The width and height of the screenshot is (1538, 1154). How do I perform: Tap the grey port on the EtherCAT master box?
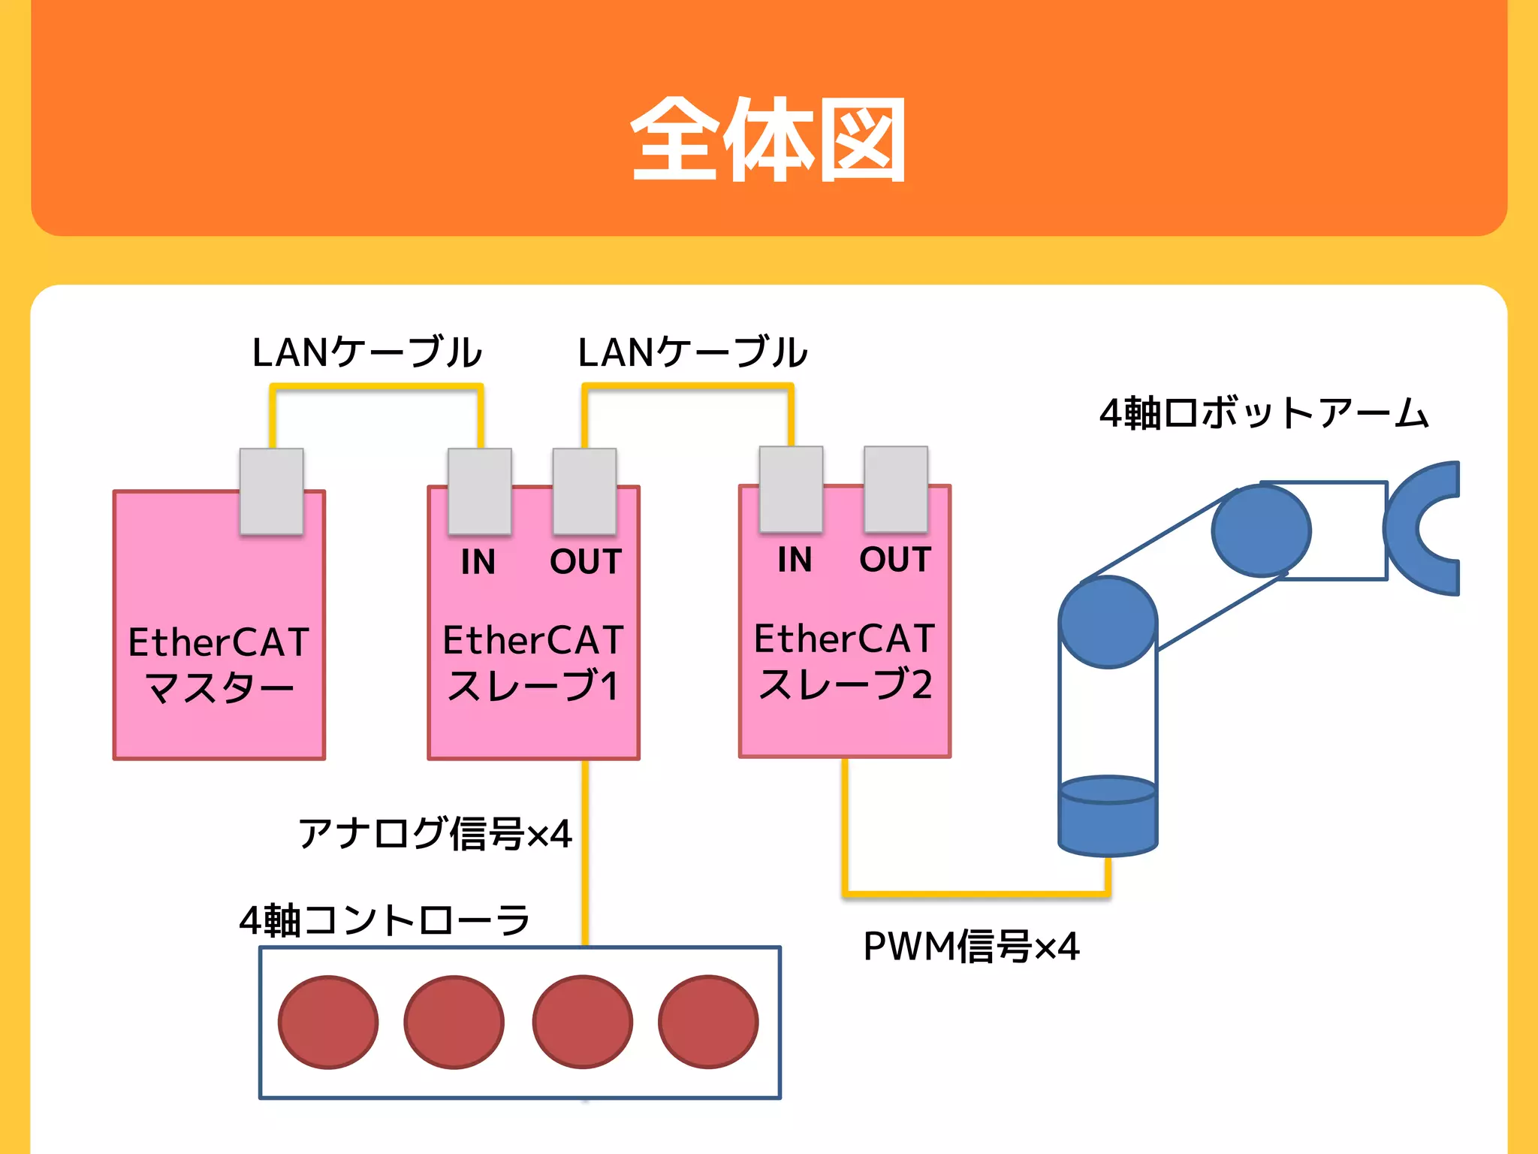(271, 491)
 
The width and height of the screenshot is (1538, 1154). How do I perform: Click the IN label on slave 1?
(478, 561)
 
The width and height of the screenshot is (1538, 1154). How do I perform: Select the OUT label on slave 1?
(586, 561)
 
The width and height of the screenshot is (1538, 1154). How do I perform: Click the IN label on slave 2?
(795, 559)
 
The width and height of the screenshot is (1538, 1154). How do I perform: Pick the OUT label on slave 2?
(895, 559)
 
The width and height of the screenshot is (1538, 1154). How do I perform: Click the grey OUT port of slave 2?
(895, 488)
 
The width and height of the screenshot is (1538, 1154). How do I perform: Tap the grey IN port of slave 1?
(479, 491)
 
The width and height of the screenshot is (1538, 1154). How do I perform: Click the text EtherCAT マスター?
(219, 665)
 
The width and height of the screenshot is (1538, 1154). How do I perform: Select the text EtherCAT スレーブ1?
(533, 663)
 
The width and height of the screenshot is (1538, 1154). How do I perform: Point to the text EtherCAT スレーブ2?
(844, 661)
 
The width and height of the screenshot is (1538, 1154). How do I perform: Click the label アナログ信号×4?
(435, 833)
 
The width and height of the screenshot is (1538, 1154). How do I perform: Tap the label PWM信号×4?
(971, 946)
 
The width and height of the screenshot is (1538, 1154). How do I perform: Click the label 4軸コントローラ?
(384, 920)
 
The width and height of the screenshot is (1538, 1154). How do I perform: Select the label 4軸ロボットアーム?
(1263, 413)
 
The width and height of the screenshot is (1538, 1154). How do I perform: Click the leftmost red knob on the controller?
(328, 1022)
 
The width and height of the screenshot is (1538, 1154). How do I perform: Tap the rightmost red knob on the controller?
(708, 1022)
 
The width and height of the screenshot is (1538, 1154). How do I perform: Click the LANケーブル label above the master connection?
(366, 352)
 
